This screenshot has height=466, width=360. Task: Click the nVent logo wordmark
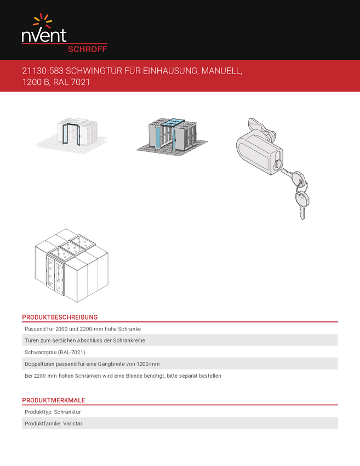coord(44,36)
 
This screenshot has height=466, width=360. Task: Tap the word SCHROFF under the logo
coord(87,48)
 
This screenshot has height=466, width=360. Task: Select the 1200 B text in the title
coord(35,83)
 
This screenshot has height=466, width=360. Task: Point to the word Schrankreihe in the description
coord(127,340)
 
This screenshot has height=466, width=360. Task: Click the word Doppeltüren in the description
coord(39,364)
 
